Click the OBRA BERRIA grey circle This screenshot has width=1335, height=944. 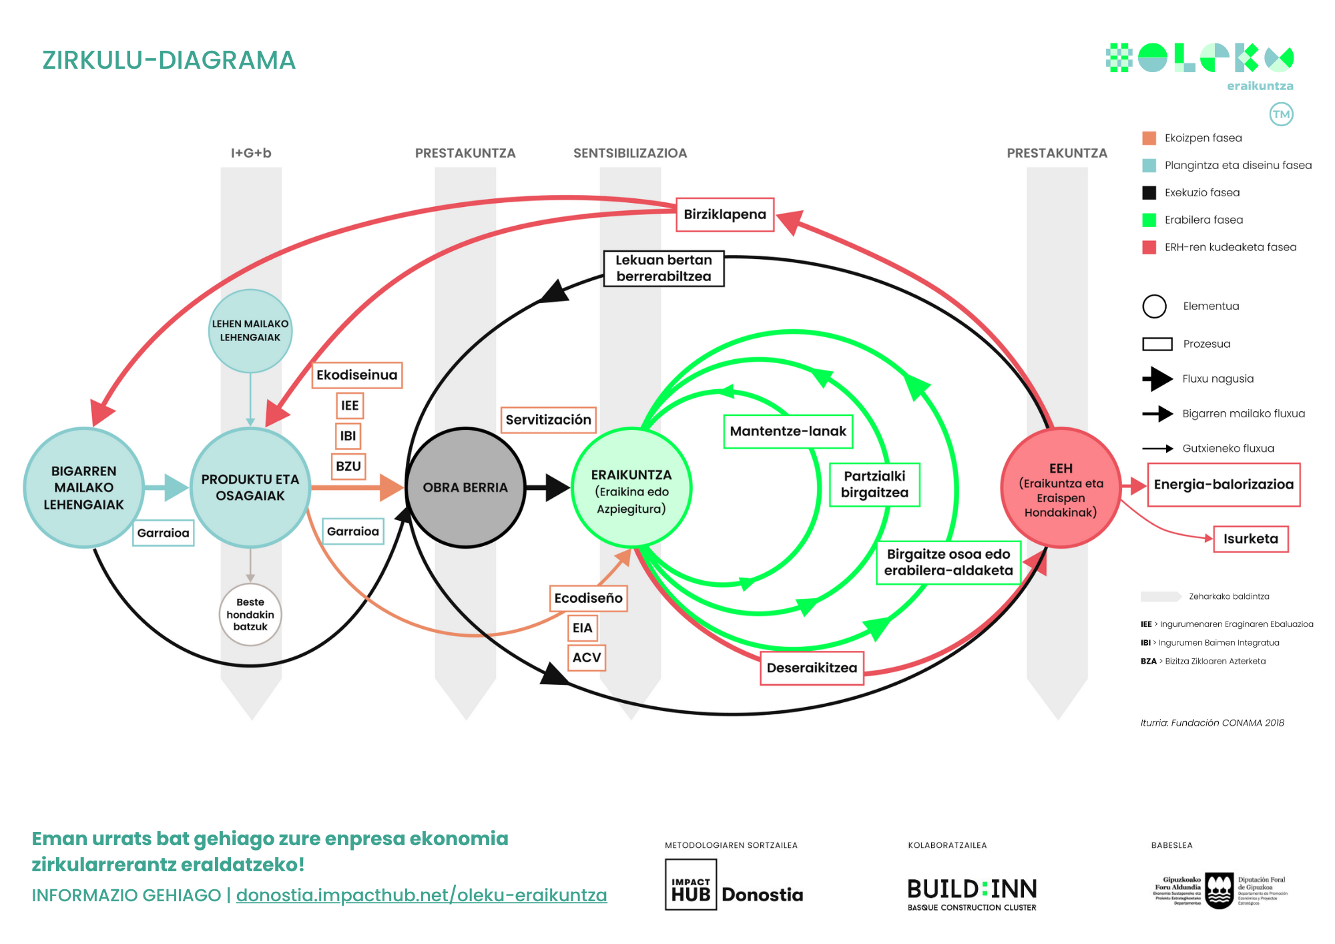pyautogui.click(x=465, y=487)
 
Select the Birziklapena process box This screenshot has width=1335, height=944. pyautogui.click(x=724, y=214)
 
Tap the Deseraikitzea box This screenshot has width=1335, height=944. pyautogui.click(x=812, y=668)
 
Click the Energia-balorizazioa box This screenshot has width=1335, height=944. pyautogui.click(x=1223, y=485)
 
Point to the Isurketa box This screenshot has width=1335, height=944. pyautogui.click(x=1250, y=539)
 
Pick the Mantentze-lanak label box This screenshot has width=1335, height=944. pyautogui.click(x=788, y=431)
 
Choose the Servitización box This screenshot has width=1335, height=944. pyautogui.click(x=548, y=420)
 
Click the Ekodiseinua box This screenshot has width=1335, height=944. pyautogui.click(x=356, y=375)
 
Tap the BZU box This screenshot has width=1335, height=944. pyautogui.click(x=348, y=466)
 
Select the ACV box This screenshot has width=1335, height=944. pyautogui.click(x=586, y=658)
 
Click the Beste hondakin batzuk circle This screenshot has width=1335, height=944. pyautogui.click(x=250, y=614)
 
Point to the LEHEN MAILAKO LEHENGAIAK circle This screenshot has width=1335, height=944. pyautogui.click(x=250, y=330)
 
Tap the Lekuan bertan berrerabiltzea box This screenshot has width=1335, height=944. pyautogui.click(x=663, y=268)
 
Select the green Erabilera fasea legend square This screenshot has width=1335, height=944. pyautogui.click(x=1149, y=220)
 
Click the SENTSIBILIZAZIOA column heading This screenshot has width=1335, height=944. pyautogui.click(x=629, y=153)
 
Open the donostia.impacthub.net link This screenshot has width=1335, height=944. pyautogui.click(x=421, y=895)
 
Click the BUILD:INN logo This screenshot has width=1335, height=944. pyautogui.click(x=972, y=893)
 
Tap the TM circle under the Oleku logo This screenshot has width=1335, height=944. pyautogui.click(x=1280, y=114)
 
